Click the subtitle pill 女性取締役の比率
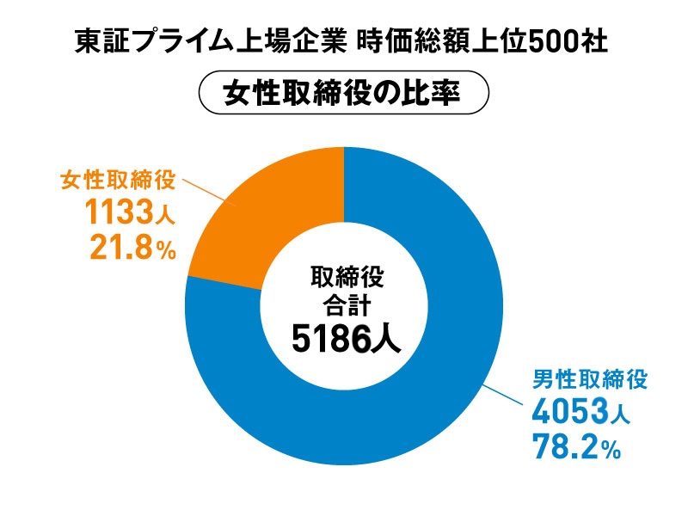(x=344, y=93)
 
